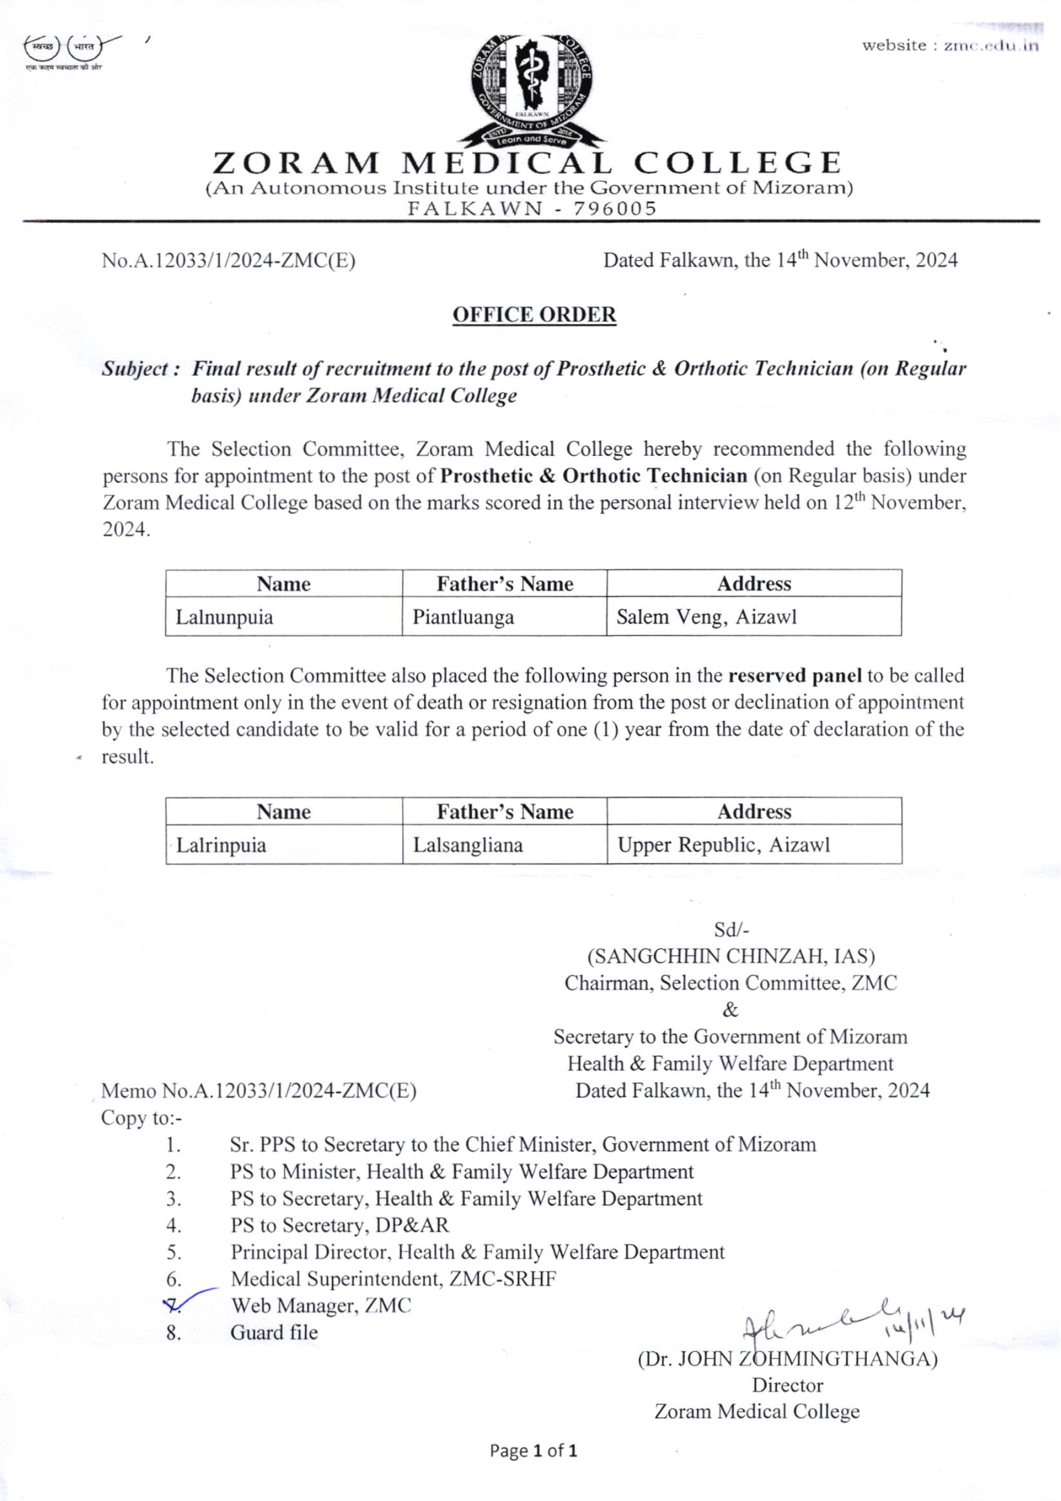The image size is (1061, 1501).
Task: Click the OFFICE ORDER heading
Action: coord(534,314)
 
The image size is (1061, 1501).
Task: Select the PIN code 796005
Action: coord(615,208)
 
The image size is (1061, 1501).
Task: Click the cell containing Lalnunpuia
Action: coord(283,616)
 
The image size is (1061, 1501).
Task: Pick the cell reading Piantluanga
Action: coord(504,616)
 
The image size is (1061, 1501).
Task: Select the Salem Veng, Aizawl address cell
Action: coord(754,616)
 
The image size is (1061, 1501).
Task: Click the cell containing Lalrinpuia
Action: coord(283,845)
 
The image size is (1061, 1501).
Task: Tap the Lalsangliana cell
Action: coord(504,845)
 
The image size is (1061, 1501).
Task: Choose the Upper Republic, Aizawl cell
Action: coord(754,845)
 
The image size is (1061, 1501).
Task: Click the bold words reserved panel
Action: coord(794,675)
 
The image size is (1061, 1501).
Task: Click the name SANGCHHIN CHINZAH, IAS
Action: coord(731,957)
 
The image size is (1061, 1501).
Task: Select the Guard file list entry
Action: coord(274,1332)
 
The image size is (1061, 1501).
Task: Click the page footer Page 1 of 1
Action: coord(533,1451)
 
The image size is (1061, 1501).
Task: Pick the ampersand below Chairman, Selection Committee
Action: coord(730,1010)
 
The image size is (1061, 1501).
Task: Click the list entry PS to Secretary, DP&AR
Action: coord(339,1225)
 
